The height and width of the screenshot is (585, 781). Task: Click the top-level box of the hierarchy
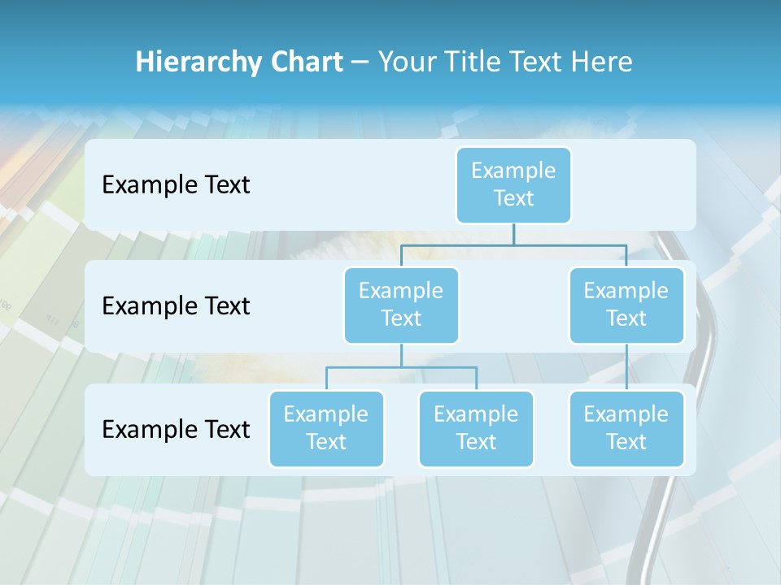(x=513, y=184)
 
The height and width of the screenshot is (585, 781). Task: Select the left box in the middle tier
(x=401, y=305)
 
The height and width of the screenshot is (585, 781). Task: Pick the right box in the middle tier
(x=626, y=305)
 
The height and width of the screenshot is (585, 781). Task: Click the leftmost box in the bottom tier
(x=326, y=428)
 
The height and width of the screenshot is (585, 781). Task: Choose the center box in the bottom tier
(x=476, y=428)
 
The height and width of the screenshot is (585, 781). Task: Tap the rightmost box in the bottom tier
(x=626, y=428)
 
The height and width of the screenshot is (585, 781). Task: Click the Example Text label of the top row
(x=176, y=184)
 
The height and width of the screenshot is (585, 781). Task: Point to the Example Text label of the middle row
(x=176, y=305)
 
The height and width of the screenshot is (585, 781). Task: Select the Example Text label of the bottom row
(x=176, y=429)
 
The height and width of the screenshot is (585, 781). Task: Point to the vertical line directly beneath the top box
(x=513, y=234)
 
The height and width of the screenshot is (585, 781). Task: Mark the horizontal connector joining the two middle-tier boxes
(x=513, y=245)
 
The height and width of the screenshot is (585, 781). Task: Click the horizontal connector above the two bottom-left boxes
(x=401, y=367)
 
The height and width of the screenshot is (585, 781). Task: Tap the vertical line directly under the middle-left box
(x=401, y=355)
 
